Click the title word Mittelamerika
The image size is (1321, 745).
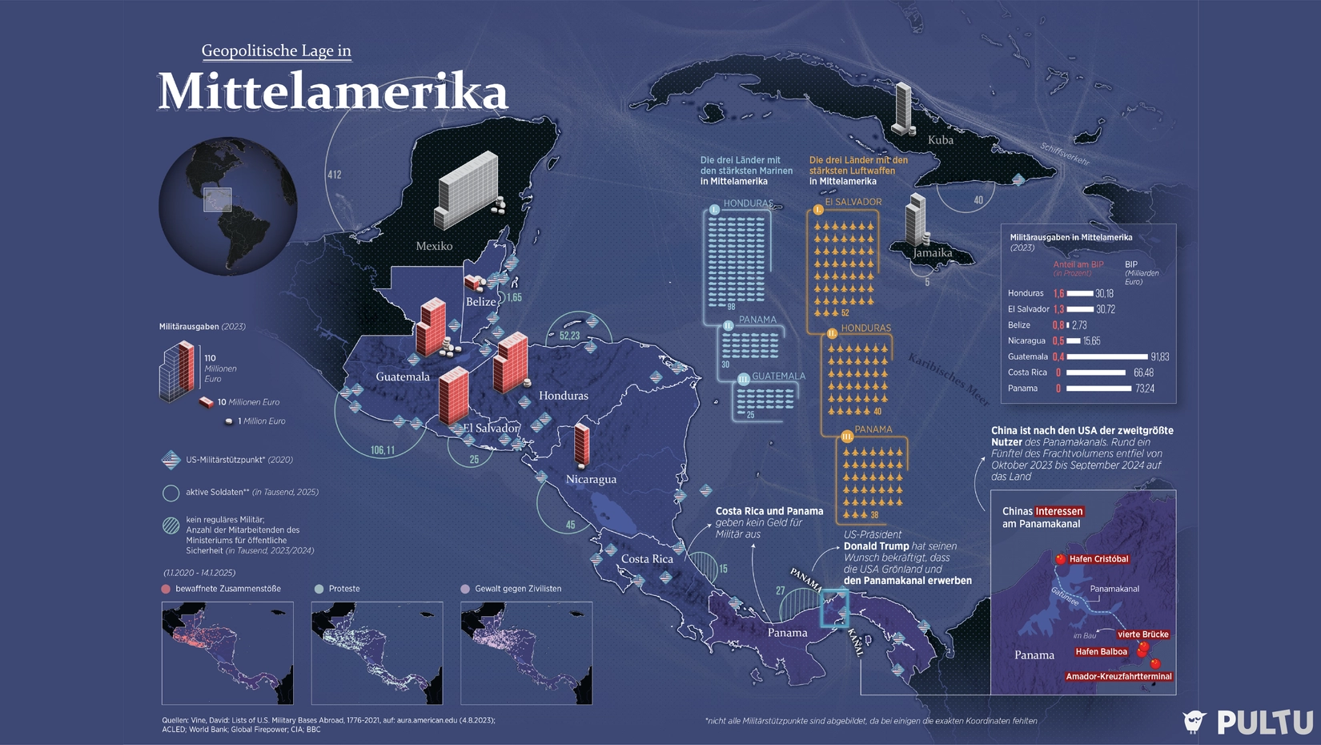pyautogui.click(x=333, y=92)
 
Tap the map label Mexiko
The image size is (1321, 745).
pyautogui.click(x=434, y=246)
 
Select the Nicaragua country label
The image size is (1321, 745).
pyautogui.click(x=591, y=479)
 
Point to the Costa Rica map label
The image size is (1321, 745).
pyautogui.click(x=647, y=558)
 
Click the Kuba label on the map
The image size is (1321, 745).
pyautogui.click(x=941, y=139)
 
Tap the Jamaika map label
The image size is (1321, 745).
pyautogui.click(x=933, y=252)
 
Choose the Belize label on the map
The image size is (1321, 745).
pyautogui.click(x=481, y=301)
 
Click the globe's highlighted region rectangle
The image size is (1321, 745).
pyautogui.click(x=217, y=199)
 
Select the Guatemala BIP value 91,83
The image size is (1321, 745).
pyautogui.click(x=1159, y=356)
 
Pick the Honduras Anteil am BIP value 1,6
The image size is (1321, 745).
pyautogui.click(x=1058, y=293)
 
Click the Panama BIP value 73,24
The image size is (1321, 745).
pyautogui.click(x=1145, y=389)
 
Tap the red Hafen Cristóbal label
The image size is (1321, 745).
pyautogui.click(x=1098, y=559)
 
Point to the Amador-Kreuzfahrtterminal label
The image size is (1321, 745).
pyautogui.click(x=1118, y=677)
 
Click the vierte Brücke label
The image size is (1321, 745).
pyautogui.click(x=1142, y=634)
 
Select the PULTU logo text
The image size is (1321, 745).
pyautogui.click(x=1265, y=722)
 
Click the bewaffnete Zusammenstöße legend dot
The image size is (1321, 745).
pyautogui.click(x=166, y=589)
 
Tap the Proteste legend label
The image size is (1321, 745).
pyautogui.click(x=344, y=589)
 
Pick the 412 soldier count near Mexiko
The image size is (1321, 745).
pyautogui.click(x=334, y=175)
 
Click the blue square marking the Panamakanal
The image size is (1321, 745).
pyautogui.click(x=833, y=608)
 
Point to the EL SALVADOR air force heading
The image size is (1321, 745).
pyautogui.click(x=853, y=202)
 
